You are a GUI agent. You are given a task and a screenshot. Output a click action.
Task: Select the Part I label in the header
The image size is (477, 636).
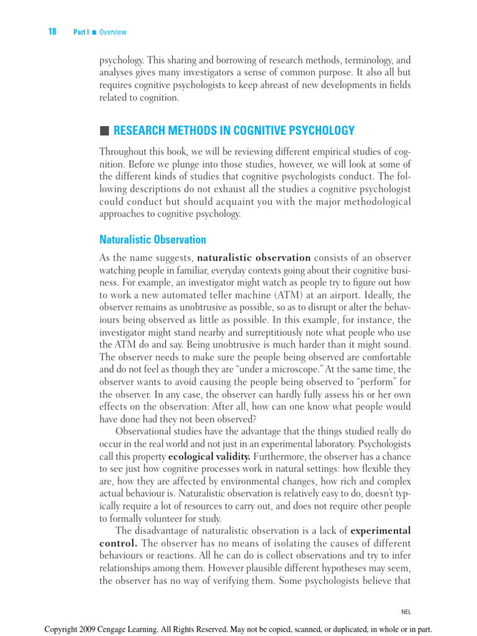tap(80, 32)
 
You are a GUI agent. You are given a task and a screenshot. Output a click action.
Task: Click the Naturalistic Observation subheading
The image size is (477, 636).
tap(152, 240)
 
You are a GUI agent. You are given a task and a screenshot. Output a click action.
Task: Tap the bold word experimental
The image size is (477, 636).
tap(380, 531)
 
